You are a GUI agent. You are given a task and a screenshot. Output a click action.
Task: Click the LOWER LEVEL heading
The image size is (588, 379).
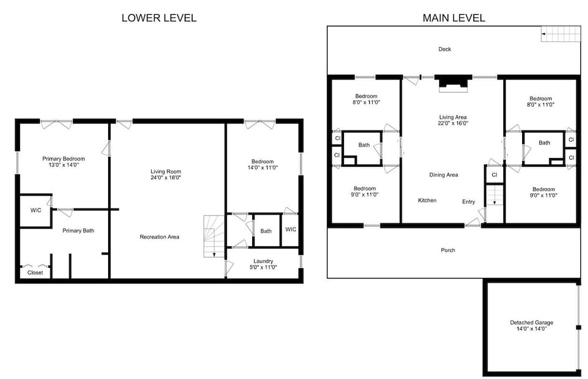[159, 18]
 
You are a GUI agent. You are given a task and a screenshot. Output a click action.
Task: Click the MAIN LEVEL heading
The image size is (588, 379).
[454, 18]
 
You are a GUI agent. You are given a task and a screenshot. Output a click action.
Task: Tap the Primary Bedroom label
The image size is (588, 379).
[64, 159]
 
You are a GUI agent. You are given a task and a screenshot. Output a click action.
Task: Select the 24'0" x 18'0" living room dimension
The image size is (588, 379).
[166, 177]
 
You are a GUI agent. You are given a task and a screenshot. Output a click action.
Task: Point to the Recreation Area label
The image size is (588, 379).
[159, 237]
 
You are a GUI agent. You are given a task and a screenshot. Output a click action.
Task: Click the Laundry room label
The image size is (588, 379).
[263, 261]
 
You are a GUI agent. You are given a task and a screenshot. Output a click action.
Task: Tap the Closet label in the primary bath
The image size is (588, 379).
[35, 273]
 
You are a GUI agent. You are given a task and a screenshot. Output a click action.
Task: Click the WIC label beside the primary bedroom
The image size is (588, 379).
[36, 210]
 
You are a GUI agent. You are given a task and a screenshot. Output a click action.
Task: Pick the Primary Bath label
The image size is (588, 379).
[78, 230]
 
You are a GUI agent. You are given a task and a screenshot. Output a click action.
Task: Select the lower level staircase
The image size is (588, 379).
[214, 236]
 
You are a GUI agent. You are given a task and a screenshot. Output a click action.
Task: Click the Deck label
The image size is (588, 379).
[445, 49]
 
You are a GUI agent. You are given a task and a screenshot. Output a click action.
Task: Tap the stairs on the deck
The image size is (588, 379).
[560, 34]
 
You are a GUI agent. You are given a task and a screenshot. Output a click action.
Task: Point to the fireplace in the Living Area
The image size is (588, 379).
[453, 83]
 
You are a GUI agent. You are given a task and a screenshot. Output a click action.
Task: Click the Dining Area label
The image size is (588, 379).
[443, 175]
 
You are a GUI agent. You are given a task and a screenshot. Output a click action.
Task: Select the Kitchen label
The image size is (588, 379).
[427, 200]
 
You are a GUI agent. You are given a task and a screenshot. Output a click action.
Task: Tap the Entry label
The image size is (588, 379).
[469, 202]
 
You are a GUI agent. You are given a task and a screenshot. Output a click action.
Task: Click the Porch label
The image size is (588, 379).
[448, 250]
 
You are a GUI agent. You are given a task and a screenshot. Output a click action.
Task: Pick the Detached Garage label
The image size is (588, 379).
[532, 323]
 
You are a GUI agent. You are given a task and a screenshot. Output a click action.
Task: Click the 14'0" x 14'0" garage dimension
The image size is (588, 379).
[532, 329]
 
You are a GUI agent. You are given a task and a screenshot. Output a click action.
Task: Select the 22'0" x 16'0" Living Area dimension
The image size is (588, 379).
[453, 123]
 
